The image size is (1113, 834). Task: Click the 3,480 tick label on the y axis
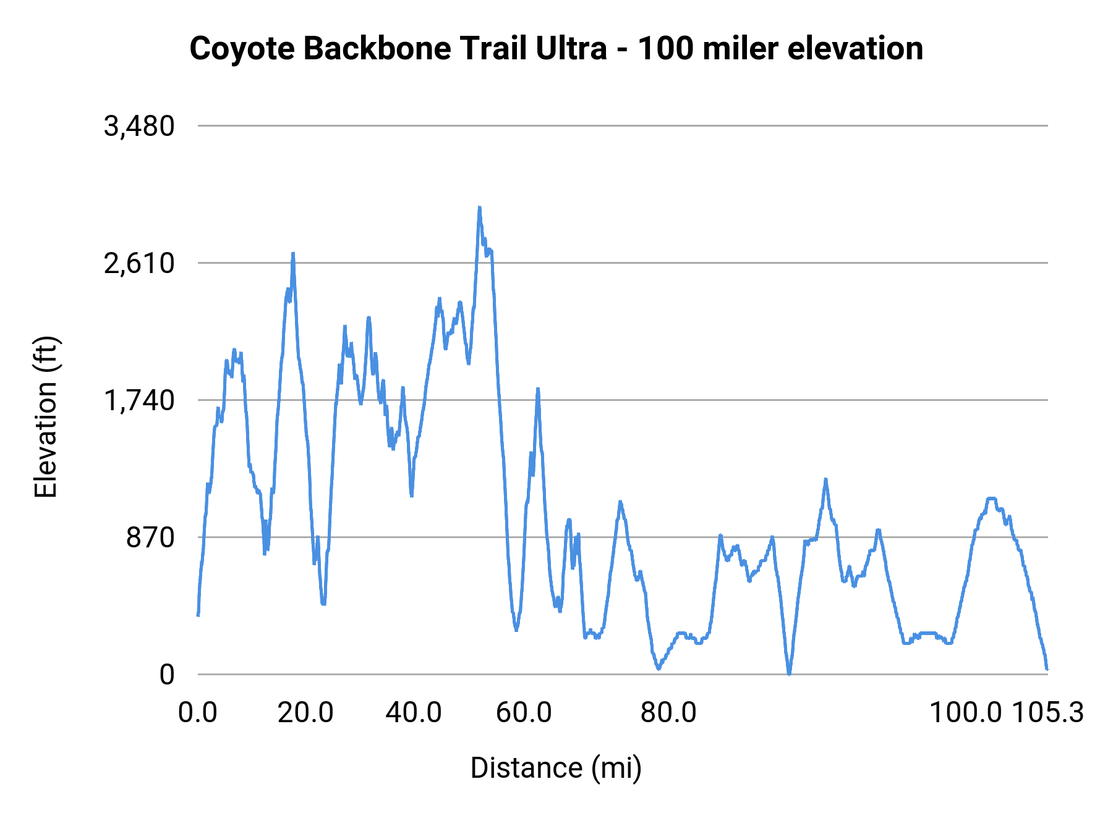coord(140,127)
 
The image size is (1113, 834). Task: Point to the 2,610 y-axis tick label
coord(140,264)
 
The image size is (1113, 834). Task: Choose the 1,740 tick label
coord(140,401)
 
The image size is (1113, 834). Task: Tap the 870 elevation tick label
coord(151,538)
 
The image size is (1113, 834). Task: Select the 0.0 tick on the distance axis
coord(198,713)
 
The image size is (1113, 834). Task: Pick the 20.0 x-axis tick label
coord(305,713)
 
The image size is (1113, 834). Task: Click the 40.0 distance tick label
coord(414,713)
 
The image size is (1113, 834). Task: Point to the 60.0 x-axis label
coord(524,713)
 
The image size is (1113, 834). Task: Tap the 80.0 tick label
coord(668,713)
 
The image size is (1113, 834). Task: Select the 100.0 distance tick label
coord(965,713)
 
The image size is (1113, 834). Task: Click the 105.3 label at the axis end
coord(1047,713)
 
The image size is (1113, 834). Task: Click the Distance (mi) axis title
coord(556,768)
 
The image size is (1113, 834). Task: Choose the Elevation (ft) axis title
coord(46,417)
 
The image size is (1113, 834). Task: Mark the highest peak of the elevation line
coord(479,208)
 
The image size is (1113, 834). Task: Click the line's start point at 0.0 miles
coord(198,615)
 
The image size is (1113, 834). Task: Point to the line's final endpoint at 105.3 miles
coord(1047,668)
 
